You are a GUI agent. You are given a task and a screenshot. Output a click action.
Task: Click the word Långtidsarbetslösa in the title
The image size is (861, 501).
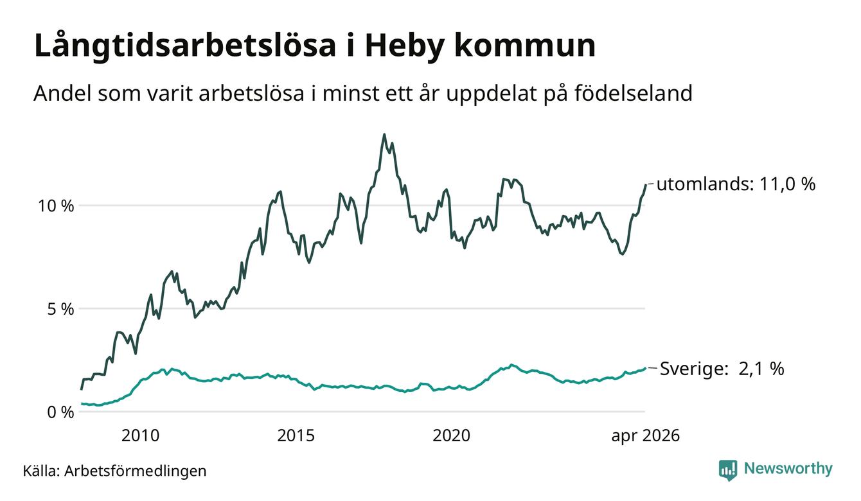185,47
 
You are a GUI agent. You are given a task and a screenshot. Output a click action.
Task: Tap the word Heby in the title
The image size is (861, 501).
404,47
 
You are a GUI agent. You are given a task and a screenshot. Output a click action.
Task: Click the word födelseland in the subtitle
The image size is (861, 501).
634,93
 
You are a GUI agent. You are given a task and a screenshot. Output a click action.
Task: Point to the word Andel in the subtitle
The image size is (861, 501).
63,93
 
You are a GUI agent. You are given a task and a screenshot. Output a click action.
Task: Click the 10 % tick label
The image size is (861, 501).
56,206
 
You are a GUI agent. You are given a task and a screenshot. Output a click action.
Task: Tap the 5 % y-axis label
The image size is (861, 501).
60,309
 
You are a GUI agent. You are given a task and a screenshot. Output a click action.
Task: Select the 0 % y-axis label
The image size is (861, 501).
60,412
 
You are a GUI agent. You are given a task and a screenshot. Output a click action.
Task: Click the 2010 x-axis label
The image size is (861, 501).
140,435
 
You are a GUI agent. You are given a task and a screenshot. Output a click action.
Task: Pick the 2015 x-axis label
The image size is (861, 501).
296,435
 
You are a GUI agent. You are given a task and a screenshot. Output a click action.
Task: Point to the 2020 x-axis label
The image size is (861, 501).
451,435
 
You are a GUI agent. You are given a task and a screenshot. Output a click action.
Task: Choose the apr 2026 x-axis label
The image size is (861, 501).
646,436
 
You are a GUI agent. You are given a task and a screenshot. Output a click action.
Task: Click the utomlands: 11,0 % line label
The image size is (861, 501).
736,184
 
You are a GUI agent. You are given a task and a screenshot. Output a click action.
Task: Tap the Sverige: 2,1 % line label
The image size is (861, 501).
722,369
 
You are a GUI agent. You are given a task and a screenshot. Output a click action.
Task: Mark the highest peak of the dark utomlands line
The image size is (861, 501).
384,134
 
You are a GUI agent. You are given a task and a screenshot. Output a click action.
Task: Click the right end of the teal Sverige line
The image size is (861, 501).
645,368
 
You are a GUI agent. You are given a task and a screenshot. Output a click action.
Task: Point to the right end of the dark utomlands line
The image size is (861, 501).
645,185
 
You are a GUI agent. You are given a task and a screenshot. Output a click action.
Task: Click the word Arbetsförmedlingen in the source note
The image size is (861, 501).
136,471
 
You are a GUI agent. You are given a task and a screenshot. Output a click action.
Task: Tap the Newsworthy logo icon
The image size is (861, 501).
728,470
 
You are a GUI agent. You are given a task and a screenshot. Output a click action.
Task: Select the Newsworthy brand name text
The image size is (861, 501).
788,469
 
